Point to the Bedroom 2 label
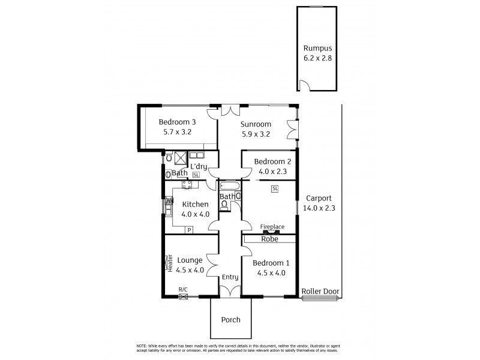272,161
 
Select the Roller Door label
320,292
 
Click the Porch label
230,320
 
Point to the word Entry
230,277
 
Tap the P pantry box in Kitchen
188,230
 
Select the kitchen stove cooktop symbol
187,185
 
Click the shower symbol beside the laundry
180,158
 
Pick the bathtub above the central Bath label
230,186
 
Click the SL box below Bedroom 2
275,189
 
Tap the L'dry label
199,166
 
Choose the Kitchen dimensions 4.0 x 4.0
195,214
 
